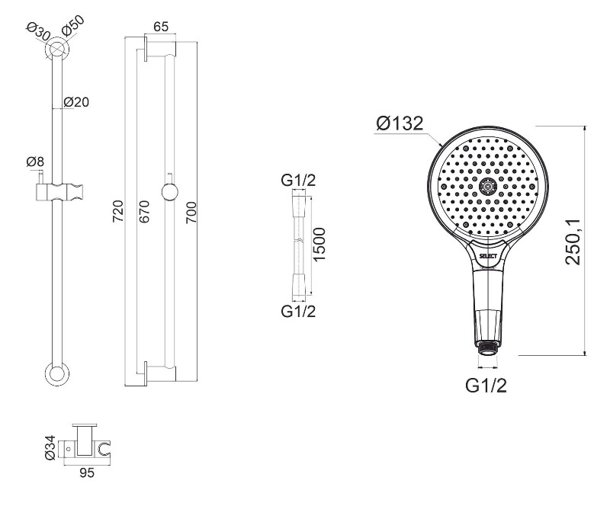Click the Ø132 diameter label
(400, 123)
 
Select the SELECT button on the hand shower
(488, 256)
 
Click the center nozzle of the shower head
(487, 187)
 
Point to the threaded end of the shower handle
(486, 346)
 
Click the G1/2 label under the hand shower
(486, 386)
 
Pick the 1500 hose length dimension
(319, 245)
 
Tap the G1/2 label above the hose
(298, 181)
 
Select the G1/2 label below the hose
(298, 312)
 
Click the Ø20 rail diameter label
(76, 102)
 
